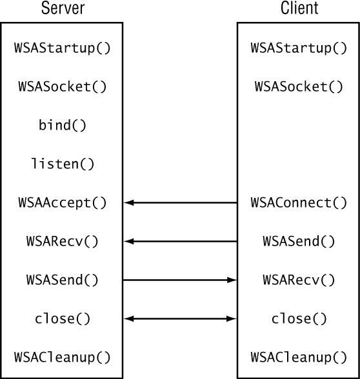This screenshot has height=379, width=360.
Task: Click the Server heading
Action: (63, 8)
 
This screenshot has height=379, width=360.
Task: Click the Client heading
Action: (299, 8)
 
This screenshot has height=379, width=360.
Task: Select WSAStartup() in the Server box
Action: (62, 48)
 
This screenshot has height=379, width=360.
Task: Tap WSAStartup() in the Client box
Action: (299, 48)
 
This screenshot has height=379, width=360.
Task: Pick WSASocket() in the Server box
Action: (62, 86)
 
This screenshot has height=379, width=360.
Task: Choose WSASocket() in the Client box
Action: (299, 86)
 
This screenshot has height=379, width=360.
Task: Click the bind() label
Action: (63, 125)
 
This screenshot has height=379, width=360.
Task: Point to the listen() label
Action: (63, 164)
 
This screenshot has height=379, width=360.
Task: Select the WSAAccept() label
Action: (62, 202)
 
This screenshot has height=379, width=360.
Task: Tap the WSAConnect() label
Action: (299, 202)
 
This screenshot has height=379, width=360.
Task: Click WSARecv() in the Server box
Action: (62, 241)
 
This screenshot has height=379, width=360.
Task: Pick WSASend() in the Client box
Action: (299, 241)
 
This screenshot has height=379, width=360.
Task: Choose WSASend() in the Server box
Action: (62, 280)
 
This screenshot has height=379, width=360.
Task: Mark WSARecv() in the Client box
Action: (299, 280)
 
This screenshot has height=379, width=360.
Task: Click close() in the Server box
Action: (63, 318)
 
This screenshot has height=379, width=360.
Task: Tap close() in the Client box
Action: (299, 318)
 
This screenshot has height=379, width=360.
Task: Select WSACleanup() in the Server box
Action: (62, 357)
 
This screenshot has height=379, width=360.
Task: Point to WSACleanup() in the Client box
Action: (299, 357)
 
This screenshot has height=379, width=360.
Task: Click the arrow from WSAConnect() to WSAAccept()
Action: (180, 202)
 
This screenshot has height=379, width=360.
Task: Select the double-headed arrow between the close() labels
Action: (180, 318)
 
